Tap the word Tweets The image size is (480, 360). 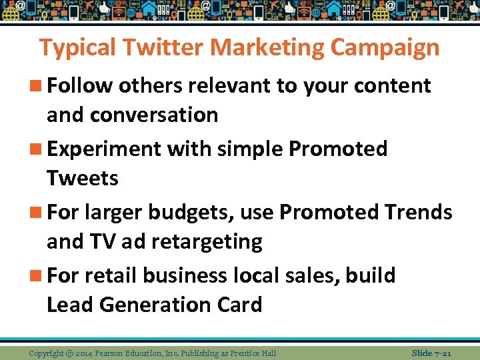tap(83, 178)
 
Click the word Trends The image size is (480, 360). tap(418, 212)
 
